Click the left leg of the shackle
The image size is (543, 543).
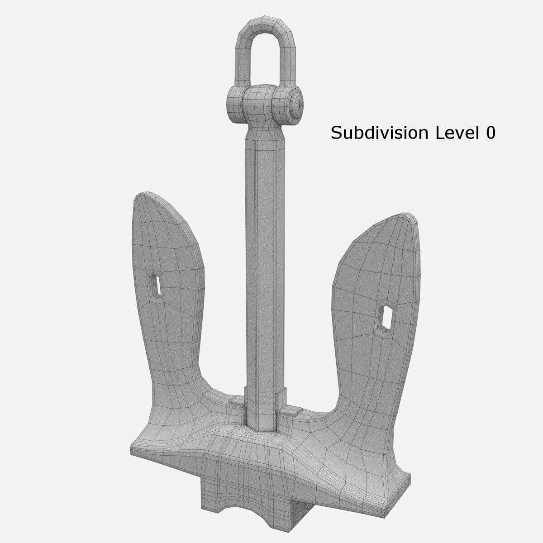coord(240,59)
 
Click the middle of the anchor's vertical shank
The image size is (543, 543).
coord(266,271)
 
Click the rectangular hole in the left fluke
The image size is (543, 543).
coord(156,285)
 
